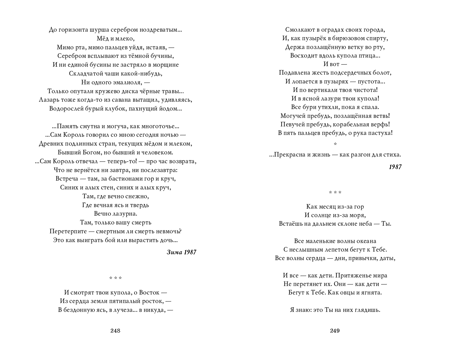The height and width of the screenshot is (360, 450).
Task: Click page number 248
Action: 115,331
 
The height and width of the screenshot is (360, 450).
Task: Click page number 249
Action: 335,331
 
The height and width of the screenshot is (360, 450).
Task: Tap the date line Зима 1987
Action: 182,252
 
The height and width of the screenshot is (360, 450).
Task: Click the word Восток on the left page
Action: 149,293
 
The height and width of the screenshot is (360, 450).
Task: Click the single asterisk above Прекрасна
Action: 335,144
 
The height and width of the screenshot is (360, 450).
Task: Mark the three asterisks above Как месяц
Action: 335,192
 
